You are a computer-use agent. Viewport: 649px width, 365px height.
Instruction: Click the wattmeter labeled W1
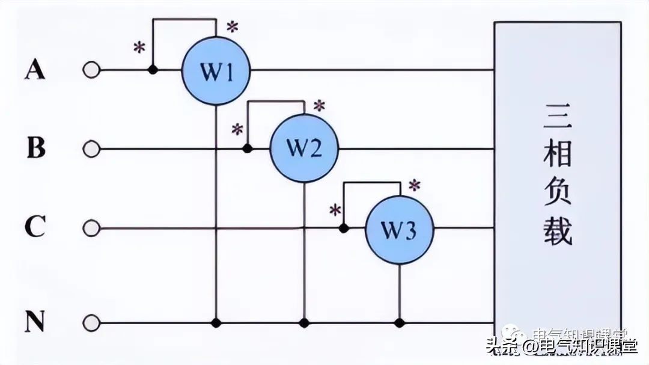click(x=216, y=72)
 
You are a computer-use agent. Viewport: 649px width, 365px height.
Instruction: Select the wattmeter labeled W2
click(x=304, y=148)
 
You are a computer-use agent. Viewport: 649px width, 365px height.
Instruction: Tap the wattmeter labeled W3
click(x=400, y=229)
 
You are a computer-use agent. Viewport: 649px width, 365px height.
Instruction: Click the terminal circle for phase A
click(x=91, y=70)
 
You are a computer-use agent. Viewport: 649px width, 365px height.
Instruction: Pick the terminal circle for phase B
click(x=91, y=149)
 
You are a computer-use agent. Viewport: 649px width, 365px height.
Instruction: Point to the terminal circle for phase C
click(x=91, y=229)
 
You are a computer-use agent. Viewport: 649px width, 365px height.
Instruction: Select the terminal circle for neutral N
click(x=91, y=323)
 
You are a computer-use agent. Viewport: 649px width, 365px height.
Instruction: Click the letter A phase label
click(x=35, y=70)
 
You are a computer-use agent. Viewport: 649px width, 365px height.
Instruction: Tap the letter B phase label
click(x=36, y=148)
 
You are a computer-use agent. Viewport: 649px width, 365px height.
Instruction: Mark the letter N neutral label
click(x=35, y=323)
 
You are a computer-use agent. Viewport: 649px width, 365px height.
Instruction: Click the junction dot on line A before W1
click(x=153, y=70)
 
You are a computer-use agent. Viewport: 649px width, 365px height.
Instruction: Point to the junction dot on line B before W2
click(x=246, y=148)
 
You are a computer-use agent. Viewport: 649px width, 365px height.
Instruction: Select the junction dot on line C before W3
click(x=344, y=229)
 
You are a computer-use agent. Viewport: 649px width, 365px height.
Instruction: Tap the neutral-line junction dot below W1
click(x=216, y=323)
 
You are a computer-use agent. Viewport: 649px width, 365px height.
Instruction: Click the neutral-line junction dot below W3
click(x=400, y=323)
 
